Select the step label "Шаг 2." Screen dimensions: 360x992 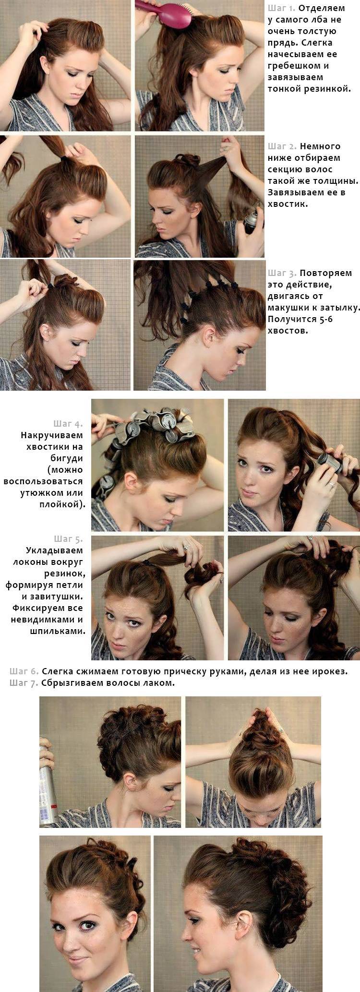(282, 146)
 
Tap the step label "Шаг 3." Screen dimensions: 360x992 (282, 273)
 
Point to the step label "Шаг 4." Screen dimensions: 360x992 (68, 424)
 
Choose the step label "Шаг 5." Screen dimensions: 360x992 (68, 539)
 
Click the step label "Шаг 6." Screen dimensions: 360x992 (24, 671)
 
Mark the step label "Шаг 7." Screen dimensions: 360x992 (24, 682)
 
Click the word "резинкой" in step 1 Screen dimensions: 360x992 (331, 89)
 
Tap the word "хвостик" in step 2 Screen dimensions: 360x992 (287, 204)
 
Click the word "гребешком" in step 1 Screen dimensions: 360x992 (293, 66)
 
